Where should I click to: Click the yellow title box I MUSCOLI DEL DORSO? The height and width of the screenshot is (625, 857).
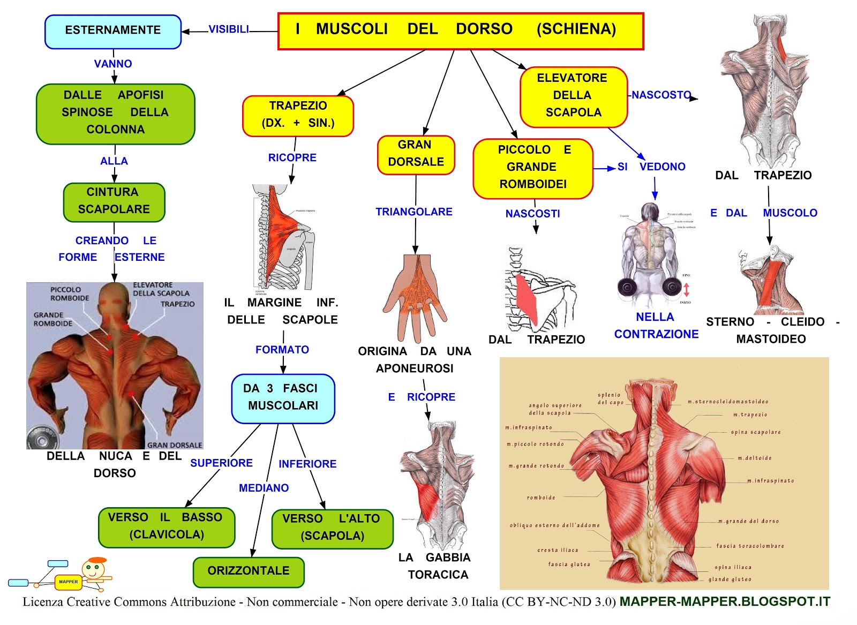pos(461,31)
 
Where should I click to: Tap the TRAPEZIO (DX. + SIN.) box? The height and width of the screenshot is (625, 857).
pos(298,115)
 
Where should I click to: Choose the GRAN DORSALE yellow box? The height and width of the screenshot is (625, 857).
pos(416,154)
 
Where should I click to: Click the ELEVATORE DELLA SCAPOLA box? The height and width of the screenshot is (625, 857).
pos(573,96)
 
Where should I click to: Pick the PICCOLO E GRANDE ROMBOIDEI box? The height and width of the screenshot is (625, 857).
pos(532,168)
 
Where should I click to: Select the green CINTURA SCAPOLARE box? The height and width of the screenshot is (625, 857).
pos(114,201)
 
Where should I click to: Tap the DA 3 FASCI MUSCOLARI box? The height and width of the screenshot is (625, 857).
pos(283,398)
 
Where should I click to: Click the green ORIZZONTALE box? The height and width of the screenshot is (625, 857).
pos(249,571)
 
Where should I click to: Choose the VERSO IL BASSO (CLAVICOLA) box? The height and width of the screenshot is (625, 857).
pos(167,527)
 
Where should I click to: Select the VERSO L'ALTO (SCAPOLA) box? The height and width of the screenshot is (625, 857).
pos(332,528)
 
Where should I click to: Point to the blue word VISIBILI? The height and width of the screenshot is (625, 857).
pos(229,29)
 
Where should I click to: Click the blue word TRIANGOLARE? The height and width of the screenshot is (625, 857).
pos(414,212)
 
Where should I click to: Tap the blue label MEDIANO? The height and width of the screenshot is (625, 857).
pos(264,488)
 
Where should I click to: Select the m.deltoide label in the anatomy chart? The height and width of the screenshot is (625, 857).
pos(755,458)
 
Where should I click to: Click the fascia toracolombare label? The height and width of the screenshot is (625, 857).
pos(750,546)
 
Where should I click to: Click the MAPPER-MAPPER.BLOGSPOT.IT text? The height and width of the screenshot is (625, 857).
pos(725,602)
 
